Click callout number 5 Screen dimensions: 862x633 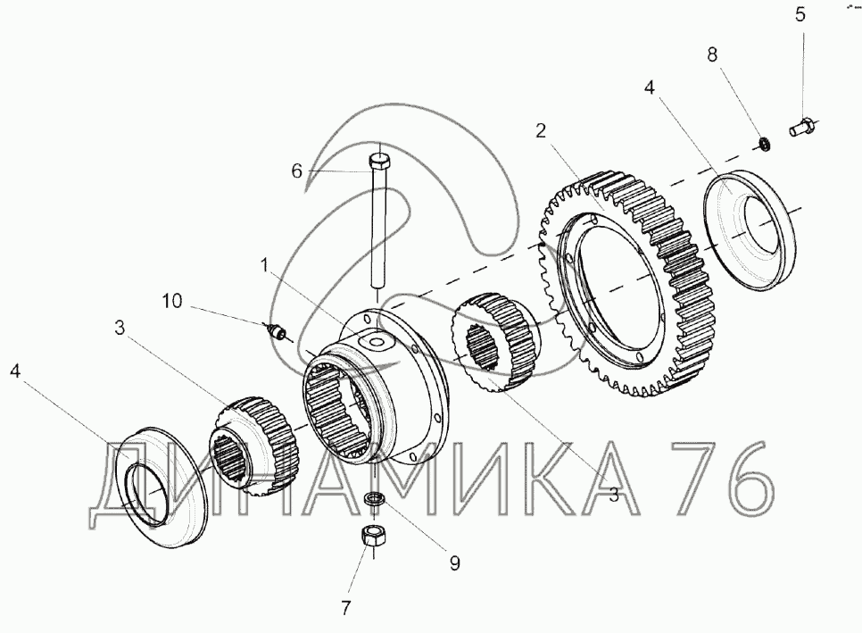coord(800,14)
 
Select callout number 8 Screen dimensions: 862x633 coord(712,54)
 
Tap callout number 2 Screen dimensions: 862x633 coord(541,131)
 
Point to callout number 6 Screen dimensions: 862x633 coord(297,171)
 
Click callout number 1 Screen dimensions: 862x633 coord(264,266)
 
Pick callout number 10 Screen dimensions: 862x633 coord(171,301)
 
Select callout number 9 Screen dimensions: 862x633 coord(454,563)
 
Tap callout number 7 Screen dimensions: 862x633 coord(345,608)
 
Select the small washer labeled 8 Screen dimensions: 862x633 coord(764,144)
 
